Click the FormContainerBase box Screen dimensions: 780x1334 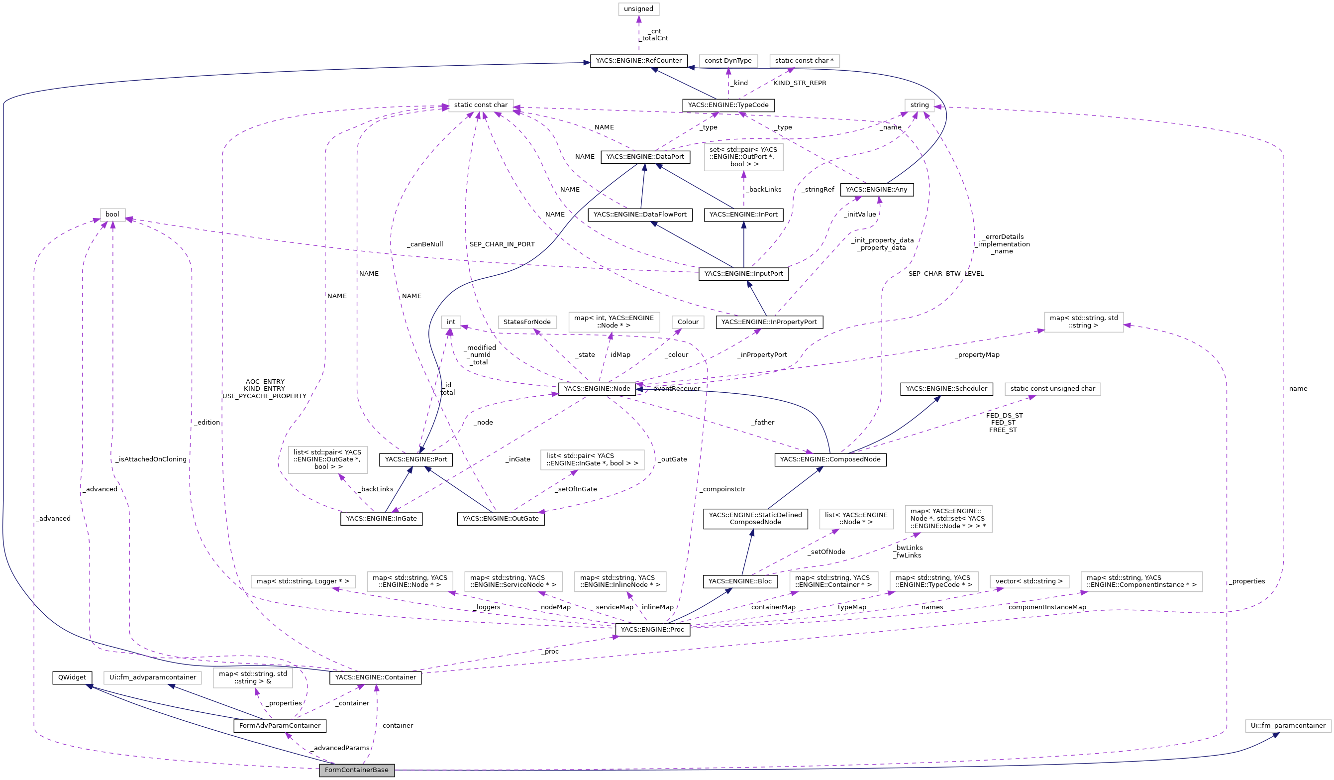[356, 770]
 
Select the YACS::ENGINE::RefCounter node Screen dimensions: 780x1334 [638, 61]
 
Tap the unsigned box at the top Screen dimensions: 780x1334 [638, 9]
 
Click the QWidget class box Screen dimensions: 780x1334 [72, 677]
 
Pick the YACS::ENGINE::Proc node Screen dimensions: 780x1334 [652, 630]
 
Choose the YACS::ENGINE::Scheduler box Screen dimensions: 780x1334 [946, 389]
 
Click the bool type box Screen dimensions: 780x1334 [112, 215]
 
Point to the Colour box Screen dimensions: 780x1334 [688, 322]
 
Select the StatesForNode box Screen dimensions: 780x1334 [527, 322]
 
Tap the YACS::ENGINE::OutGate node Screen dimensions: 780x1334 [500, 518]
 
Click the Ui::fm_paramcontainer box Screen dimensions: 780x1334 [1288, 725]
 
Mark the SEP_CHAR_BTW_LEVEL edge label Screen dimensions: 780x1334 [945, 274]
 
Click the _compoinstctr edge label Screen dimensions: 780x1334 [722, 489]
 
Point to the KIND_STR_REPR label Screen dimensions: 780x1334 [799, 83]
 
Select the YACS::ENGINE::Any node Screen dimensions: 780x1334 [876, 190]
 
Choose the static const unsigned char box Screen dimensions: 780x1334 [1052, 389]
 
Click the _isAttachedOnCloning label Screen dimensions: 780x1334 [151, 459]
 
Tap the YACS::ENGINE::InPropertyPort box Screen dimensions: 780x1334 [769, 322]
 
